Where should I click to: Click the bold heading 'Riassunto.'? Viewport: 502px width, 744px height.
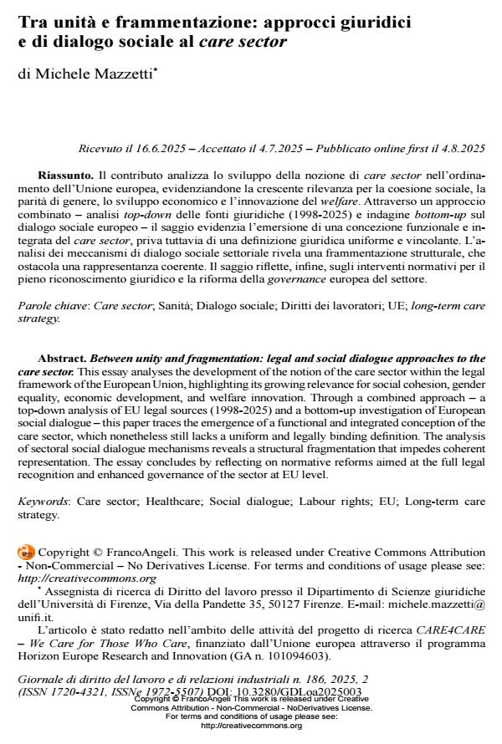(x=66, y=176)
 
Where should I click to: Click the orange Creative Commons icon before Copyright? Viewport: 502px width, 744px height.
(x=27, y=552)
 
